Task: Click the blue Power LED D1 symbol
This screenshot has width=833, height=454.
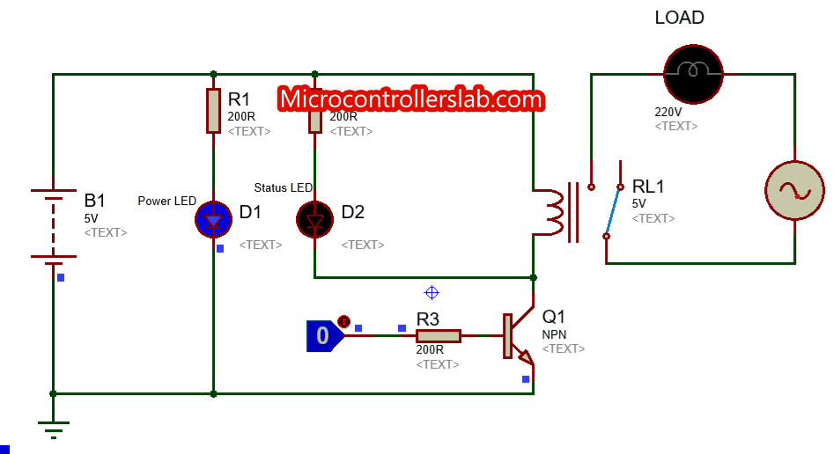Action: (x=213, y=220)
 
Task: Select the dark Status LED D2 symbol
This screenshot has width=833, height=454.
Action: (x=315, y=220)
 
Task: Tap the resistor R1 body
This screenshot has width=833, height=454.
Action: (x=213, y=111)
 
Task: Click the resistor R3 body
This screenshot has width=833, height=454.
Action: (x=438, y=336)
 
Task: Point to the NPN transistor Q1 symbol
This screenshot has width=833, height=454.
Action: (x=518, y=336)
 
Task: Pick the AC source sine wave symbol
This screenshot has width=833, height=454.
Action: (x=794, y=191)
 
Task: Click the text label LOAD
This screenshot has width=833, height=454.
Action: (x=679, y=18)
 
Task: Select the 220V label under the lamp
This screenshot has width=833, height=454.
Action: (x=667, y=112)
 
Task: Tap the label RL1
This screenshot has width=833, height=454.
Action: (x=648, y=186)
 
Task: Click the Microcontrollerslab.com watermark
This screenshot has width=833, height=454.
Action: (x=411, y=99)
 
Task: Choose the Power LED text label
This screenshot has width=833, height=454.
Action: (x=166, y=201)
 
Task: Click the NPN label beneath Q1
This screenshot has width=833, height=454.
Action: (x=554, y=334)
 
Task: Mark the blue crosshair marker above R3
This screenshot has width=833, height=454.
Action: (x=431, y=293)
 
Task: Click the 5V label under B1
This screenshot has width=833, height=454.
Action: (x=92, y=217)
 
